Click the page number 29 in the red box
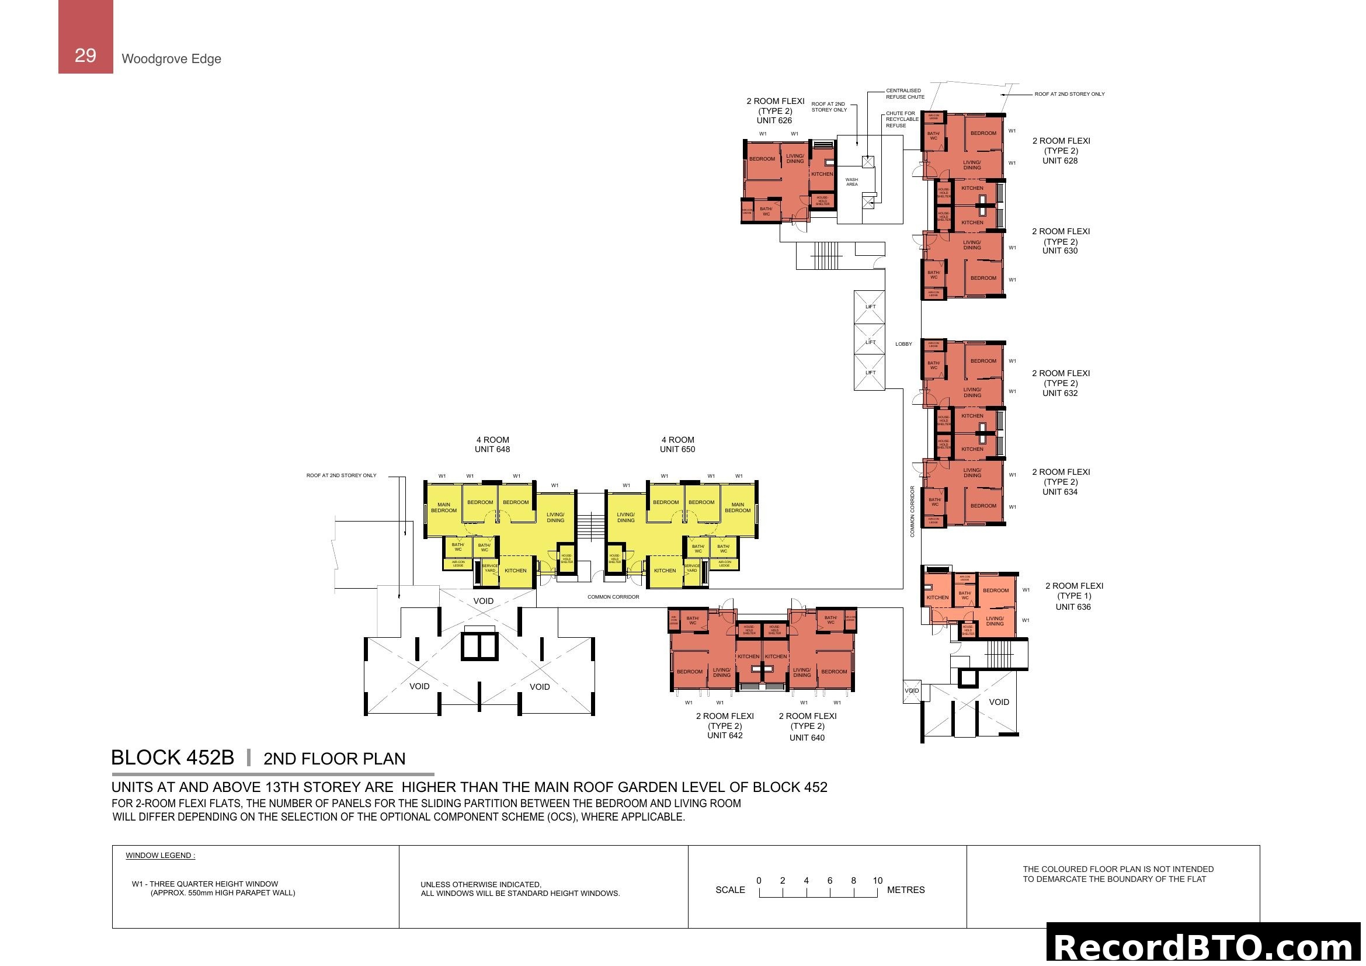point(85,55)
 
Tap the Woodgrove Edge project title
point(171,59)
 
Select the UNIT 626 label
point(774,121)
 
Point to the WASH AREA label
point(851,182)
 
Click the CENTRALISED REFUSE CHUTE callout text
point(904,94)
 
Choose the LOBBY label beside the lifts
point(903,345)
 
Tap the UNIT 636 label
point(1073,607)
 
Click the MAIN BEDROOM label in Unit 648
point(444,508)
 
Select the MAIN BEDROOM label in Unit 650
point(737,508)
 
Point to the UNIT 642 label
point(725,736)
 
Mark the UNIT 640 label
point(807,738)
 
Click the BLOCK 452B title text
point(172,758)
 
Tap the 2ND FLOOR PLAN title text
point(335,759)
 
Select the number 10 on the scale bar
point(878,881)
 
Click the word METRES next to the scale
point(906,891)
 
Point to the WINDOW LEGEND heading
point(160,856)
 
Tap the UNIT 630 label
point(1059,251)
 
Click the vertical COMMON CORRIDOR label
point(912,512)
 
